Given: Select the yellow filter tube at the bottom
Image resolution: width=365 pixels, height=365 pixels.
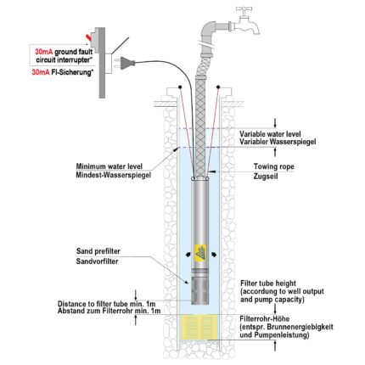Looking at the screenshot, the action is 199,327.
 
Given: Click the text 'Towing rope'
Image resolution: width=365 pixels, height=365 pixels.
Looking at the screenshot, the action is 273,166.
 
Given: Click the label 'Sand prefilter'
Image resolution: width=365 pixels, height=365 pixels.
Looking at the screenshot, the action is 98,251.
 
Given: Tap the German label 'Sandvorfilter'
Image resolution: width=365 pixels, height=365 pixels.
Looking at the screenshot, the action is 97,261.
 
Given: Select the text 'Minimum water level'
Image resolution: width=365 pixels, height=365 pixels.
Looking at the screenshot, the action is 109,166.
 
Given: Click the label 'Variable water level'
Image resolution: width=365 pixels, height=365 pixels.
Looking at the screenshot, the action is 270,134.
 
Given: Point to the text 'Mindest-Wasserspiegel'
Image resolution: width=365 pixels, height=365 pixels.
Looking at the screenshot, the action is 113,175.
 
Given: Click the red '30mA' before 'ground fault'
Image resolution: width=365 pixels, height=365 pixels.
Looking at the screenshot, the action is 44,52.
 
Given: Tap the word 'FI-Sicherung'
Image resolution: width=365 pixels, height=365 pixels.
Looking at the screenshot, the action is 72,72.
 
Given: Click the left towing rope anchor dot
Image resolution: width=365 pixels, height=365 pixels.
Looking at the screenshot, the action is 180,87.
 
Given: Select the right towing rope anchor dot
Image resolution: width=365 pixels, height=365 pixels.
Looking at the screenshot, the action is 218,87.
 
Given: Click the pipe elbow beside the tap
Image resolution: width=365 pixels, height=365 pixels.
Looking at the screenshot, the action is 209,31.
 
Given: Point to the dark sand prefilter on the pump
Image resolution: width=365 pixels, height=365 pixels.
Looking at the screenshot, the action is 199,291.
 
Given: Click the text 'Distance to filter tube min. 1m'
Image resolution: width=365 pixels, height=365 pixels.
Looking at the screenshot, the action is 107,304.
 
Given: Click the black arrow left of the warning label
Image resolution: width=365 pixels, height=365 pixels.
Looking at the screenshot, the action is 188,255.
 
